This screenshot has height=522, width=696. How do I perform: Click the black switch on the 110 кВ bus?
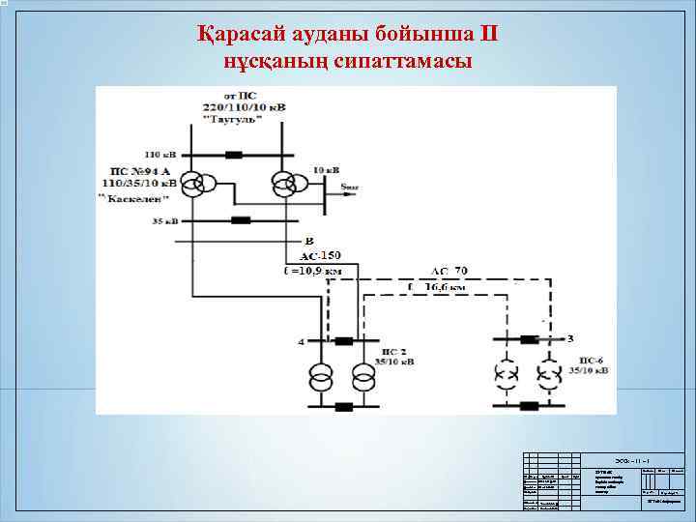[x=234, y=155]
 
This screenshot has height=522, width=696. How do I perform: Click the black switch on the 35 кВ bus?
[x=241, y=220]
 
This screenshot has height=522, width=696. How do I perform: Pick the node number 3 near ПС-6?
[x=570, y=338]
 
